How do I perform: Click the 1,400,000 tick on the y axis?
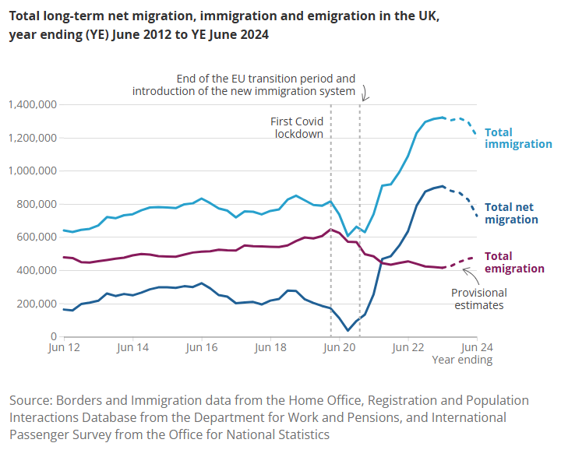(x=31, y=104)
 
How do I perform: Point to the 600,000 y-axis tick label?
(x=36, y=237)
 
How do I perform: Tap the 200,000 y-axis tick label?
(x=36, y=303)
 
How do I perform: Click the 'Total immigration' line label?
(x=518, y=139)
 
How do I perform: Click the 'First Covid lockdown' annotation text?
(x=296, y=128)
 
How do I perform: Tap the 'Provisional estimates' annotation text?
(x=479, y=299)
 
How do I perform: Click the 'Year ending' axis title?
(x=462, y=360)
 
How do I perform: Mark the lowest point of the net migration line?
(x=348, y=331)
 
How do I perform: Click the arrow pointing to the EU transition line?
(x=366, y=93)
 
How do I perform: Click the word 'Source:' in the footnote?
(x=31, y=400)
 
